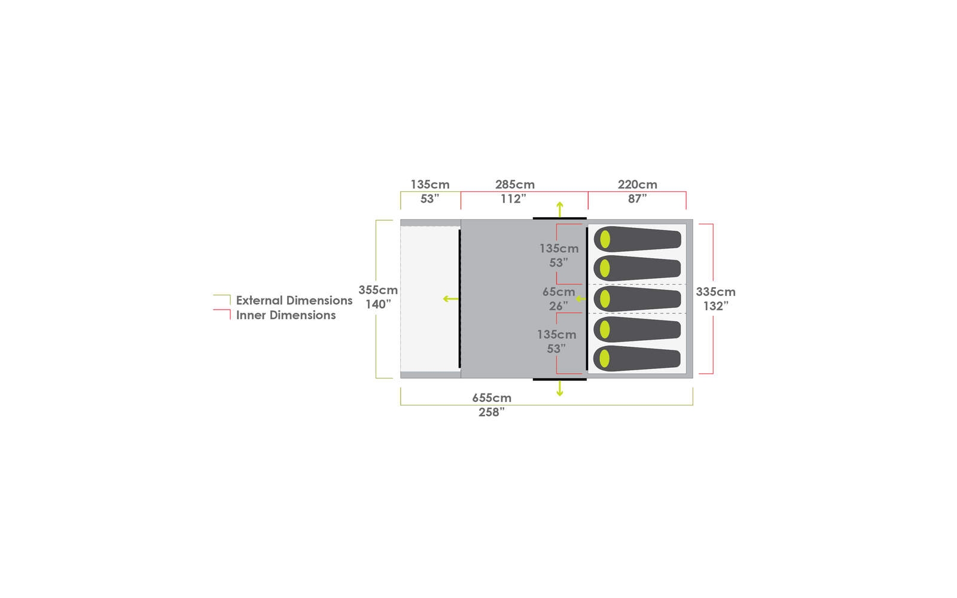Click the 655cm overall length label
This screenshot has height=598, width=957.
coord(492,398)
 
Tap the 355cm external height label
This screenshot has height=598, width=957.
coord(378,290)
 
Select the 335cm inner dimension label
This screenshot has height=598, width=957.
coord(715,292)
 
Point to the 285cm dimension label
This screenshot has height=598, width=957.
coord(515,185)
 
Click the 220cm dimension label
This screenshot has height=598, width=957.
coord(638,185)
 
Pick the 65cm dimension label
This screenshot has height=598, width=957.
coord(559,292)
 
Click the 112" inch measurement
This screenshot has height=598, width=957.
coord(514,199)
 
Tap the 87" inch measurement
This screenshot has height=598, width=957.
coord(638,199)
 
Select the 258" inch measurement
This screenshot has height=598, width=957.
coord(491,413)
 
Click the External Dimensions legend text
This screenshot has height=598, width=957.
coord(294,301)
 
